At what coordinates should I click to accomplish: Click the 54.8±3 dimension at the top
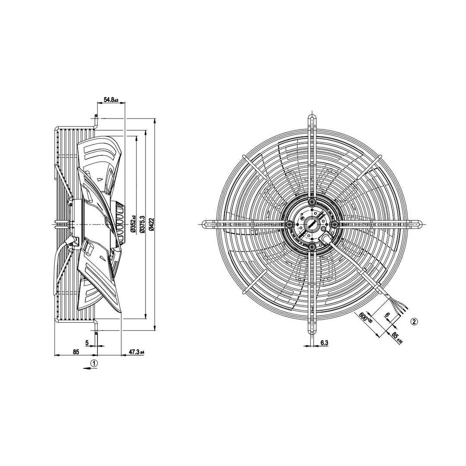click(111, 100)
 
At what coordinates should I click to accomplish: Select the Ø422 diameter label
click(151, 224)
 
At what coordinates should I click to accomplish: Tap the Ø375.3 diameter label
click(142, 225)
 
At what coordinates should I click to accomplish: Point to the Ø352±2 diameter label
click(132, 224)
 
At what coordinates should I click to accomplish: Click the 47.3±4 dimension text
click(136, 352)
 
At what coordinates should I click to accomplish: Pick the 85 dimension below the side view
click(76, 352)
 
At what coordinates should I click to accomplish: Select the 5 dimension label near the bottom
click(87, 343)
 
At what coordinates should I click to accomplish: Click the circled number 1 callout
click(94, 363)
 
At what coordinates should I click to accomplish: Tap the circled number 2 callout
click(415, 321)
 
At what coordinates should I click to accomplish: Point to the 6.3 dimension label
click(324, 343)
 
